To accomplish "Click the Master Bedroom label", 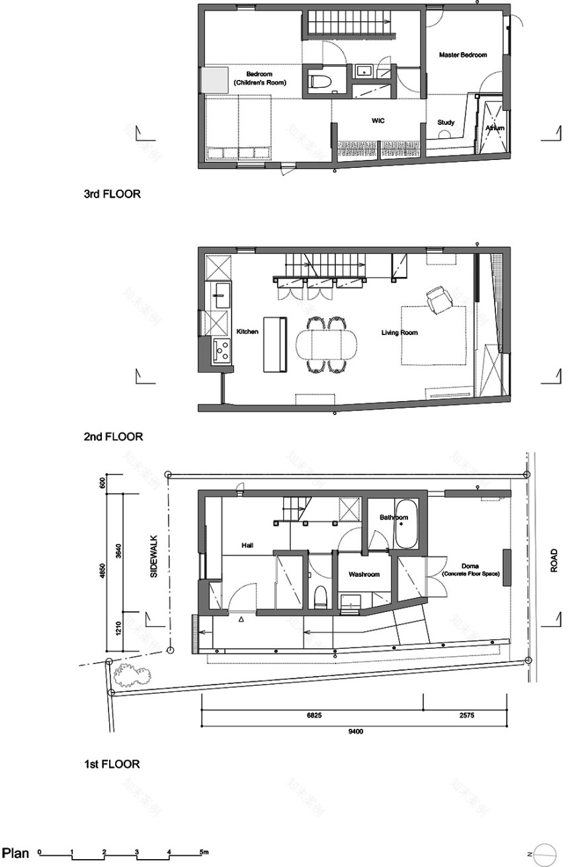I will [x=463, y=55].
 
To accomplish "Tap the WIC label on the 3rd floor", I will [x=378, y=122].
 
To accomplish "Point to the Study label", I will [x=446, y=122].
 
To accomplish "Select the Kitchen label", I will [x=247, y=331].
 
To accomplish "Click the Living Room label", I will [x=399, y=332].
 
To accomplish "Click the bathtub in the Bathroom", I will [x=406, y=523].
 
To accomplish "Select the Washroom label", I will [x=364, y=575].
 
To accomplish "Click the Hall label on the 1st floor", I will [x=247, y=545].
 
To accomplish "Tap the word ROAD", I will [x=554, y=560].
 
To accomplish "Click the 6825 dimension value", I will [x=313, y=716].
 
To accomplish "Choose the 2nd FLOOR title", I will [x=112, y=437].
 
